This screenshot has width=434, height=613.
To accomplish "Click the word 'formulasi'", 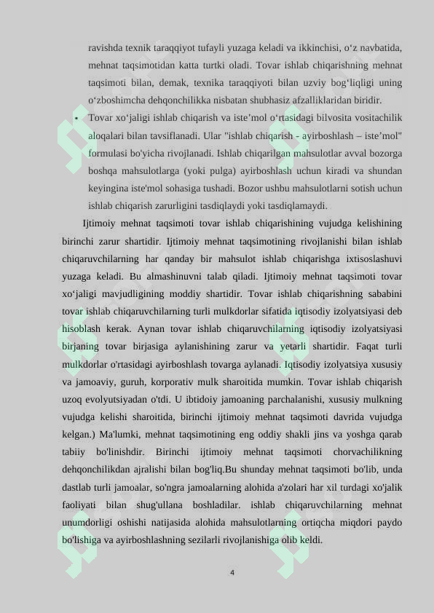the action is (x=108, y=154).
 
